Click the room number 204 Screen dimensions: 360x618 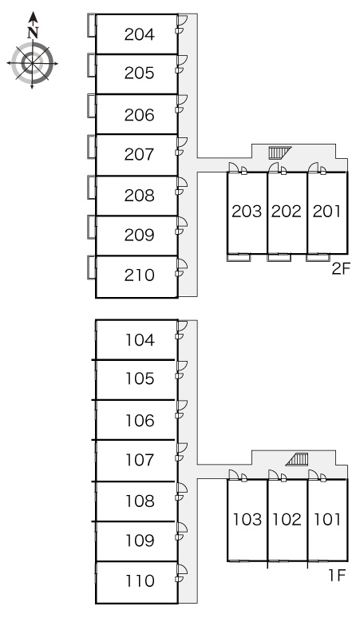tap(139, 34)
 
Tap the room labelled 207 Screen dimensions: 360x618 tap(139, 154)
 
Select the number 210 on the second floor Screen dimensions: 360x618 tap(139, 275)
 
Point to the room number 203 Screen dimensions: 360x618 tap(247, 212)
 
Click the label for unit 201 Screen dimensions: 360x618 tap(326, 212)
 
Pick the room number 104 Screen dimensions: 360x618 tap(140, 340)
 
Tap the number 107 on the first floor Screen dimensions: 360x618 tap(140, 460)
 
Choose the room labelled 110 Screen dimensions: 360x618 tap(140, 580)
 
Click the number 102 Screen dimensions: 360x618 tap(287, 519)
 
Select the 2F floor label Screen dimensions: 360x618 tap(341, 269)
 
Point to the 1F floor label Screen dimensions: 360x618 tap(337, 576)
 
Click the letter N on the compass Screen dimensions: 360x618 tap(33, 32)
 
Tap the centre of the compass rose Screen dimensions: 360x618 tap(32, 63)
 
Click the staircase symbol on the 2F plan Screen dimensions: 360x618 tap(279, 153)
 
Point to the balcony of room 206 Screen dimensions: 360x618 tap(91, 105)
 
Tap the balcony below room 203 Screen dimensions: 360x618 tap(239, 257)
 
